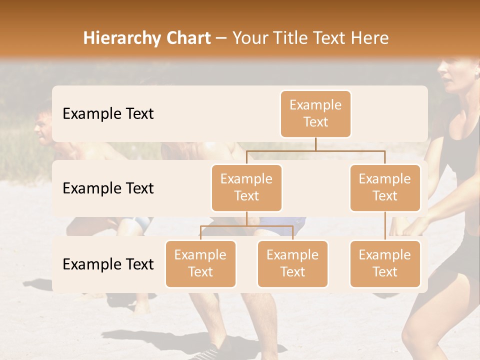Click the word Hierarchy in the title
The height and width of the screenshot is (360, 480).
(120, 38)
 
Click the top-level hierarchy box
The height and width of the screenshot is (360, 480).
(315, 114)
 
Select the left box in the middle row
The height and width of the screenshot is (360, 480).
(246, 188)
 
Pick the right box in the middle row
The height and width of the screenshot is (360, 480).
(385, 188)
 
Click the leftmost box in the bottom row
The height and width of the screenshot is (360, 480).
(200, 264)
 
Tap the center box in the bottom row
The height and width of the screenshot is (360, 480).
(292, 264)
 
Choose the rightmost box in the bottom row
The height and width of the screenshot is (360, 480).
(385, 264)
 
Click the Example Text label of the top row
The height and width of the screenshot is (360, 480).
(108, 114)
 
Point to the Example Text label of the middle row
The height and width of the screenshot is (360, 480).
(108, 188)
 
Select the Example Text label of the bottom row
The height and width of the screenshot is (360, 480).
(108, 264)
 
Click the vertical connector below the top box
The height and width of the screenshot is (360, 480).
(315, 144)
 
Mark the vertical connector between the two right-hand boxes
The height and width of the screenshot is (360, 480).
(385, 226)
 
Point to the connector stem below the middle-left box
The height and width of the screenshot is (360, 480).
(246, 218)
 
